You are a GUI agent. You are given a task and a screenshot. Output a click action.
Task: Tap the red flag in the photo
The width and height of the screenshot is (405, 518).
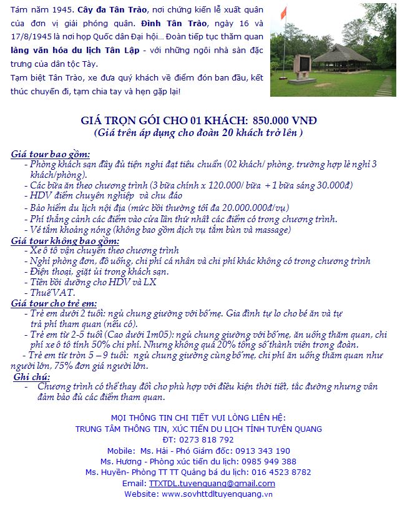tap(284, 13)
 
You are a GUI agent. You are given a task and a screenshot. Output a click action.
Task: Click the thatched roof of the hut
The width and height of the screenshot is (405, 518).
tap(341, 54)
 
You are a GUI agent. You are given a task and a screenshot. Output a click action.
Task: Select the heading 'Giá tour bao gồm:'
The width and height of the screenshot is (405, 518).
tap(51, 154)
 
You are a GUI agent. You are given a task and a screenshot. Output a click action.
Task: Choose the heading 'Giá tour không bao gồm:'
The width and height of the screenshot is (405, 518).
tap(65, 240)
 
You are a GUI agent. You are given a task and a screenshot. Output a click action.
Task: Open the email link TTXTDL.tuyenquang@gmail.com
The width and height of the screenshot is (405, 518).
tap(212, 483)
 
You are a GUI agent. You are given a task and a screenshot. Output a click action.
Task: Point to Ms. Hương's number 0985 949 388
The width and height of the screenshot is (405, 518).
tap(267, 461)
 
